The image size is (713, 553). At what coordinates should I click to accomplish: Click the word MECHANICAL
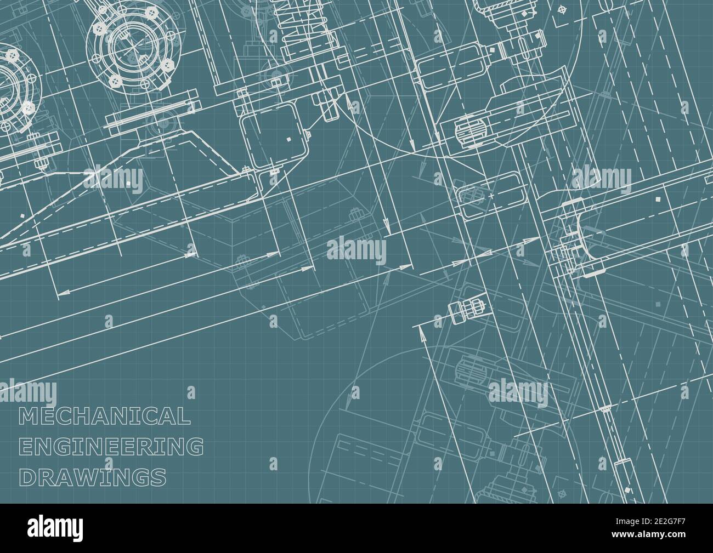pyautogui.click(x=104, y=417)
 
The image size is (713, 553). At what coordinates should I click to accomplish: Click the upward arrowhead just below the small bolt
pyautogui.click(x=421, y=328)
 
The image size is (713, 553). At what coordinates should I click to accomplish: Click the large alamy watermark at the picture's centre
pyautogui.click(x=356, y=250)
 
